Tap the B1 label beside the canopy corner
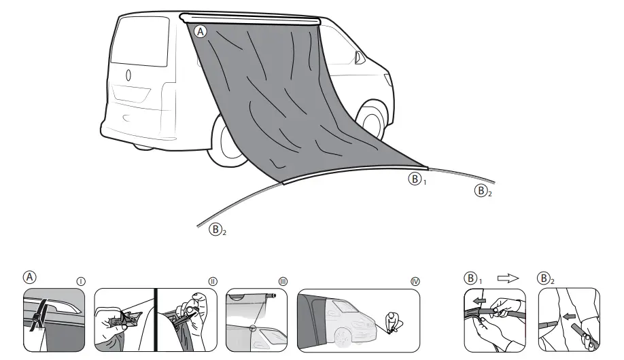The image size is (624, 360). (416, 180)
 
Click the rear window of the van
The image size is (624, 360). (140, 42)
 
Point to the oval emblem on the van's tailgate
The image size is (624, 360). (128, 75)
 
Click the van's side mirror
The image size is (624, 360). (358, 58)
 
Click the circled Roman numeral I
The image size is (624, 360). (81, 281)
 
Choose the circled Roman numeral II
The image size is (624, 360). (213, 281)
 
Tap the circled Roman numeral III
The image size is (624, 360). (283, 281)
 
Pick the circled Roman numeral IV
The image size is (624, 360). (415, 281)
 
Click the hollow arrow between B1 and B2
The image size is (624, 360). (508, 278)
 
